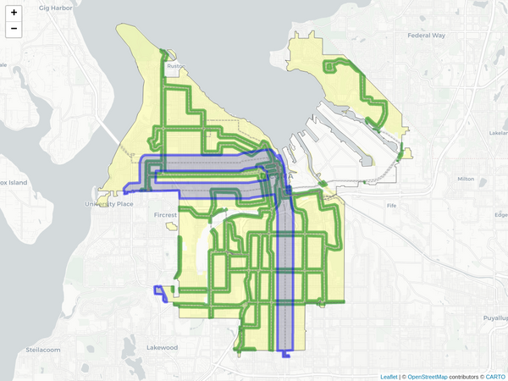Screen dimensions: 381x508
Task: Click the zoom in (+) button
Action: (x=14, y=13)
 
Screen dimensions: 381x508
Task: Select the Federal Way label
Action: (x=426, y=36)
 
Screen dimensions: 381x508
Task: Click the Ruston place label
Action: (x=176, y=65)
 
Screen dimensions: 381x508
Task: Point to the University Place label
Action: (x=110, y=204)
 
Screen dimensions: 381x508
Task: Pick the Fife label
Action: (x=390, y=206)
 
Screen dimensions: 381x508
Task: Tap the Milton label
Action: (x=466, y=179)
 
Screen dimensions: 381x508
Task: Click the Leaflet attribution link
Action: (x=389, y=376)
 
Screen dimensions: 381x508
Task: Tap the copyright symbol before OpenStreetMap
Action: (x=404, y=376)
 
